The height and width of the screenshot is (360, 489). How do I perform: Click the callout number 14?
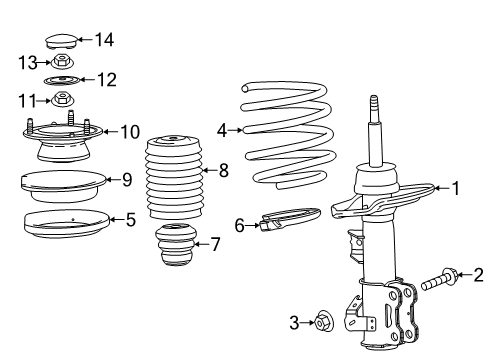pos(105,40)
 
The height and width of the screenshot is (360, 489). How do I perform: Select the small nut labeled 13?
pos(62,62)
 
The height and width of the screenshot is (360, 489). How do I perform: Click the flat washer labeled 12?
pos(63,79)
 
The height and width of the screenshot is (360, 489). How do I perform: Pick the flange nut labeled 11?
pos(62,99)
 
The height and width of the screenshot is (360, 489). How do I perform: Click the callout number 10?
pos(131,131)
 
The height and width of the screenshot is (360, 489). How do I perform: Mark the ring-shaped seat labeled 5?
pos(67,225)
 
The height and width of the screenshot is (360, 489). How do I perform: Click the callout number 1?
pos(455,186)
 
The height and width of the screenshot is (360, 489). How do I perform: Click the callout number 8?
pos(223,171)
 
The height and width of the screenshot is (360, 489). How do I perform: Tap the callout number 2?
pos(479,274)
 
